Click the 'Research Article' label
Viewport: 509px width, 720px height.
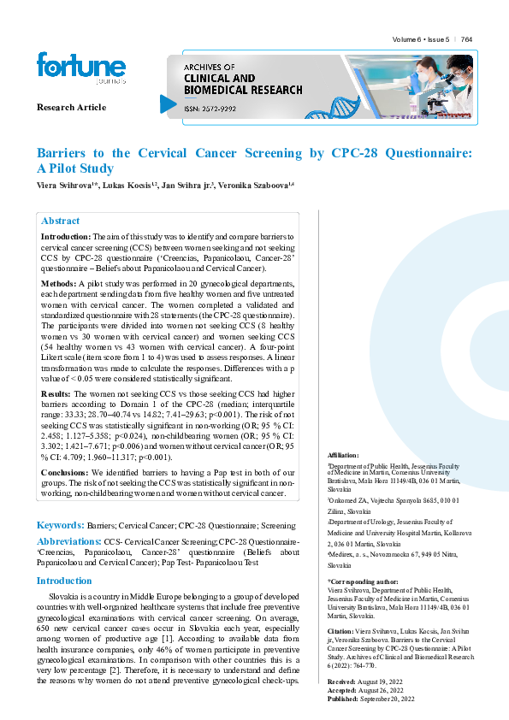coord(72,107)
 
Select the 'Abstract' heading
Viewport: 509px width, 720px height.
coord(61,221)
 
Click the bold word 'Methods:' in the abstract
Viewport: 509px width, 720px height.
coord(58,282)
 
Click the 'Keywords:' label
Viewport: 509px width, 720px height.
coord(60,524)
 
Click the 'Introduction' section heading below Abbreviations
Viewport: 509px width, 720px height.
coord(64,581)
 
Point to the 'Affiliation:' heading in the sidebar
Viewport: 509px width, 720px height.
coord(344,456)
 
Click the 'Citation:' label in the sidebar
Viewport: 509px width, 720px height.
coord(341,632)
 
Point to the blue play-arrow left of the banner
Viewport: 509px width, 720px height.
coord(168,103)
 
